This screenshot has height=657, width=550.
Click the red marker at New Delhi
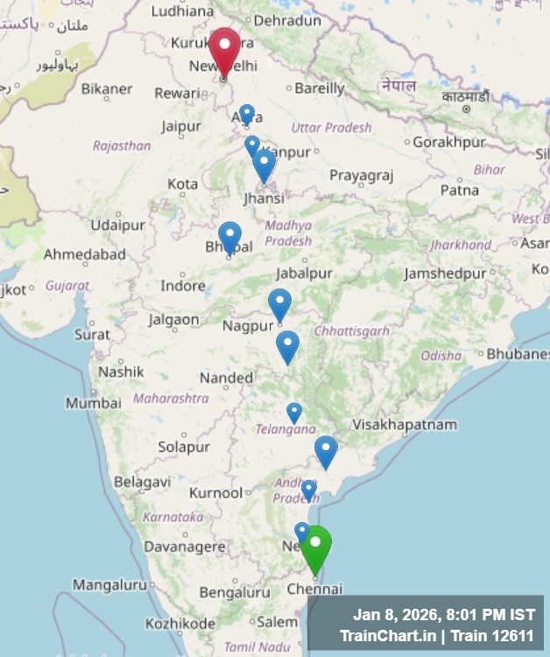224,50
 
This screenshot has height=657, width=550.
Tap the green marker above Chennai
315,547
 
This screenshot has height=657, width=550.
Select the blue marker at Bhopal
229,237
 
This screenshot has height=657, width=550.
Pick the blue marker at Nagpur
279,304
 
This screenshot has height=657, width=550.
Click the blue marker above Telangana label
294,412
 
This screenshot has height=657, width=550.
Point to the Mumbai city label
93,403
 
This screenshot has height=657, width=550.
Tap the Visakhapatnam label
405,425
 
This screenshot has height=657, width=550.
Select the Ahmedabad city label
85,254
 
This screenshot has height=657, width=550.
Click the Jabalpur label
304,273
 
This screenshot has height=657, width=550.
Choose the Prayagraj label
361,175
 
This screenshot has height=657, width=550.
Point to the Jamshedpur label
445,273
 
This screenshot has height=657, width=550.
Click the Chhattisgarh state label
351,330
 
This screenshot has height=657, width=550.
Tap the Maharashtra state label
171,398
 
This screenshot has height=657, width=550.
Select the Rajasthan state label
122,145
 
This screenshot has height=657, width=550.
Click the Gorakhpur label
448,141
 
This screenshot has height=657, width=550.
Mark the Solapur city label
184,447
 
